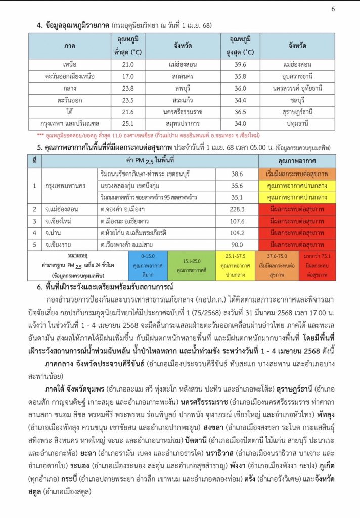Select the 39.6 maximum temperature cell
click(x=237, y=65)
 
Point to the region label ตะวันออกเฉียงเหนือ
click(x=70, y=76)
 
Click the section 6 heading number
click(x=39, y=287)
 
